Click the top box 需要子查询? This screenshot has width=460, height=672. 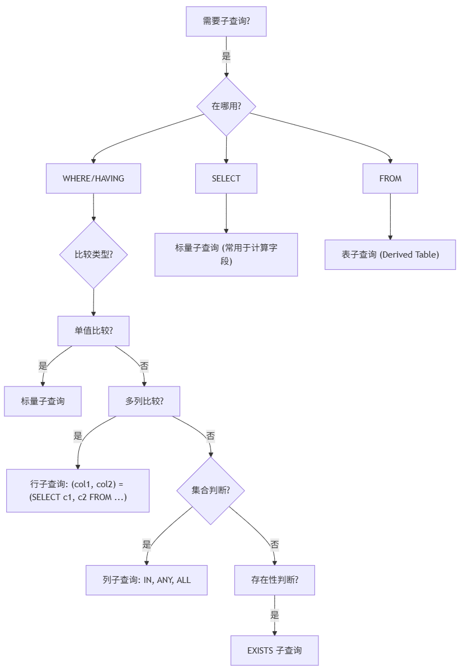pyautogui.click(x=226, y=22)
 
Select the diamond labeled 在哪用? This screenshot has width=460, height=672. pyautogui.click(x=226, y=106)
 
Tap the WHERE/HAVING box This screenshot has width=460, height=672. pyautogui.click(x=93, y=179)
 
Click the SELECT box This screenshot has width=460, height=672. pyautogui.click(x=226, y=179)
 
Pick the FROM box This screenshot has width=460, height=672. pyautogui.click(x=390, y=179)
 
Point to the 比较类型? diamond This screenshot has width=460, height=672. pyautogui.click(x=93, y=255)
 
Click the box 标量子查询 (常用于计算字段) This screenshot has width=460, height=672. pyautogui.click(x=226, y=255)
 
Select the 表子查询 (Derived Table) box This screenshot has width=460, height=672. pyautogui.click(x=390, y=255)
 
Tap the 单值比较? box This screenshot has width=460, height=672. pyautogui.click(x=93, y=330)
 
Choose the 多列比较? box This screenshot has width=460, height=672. pyautogui.click(x=144, y=401)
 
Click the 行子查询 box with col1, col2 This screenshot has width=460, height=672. pyautogui.click(x=78, y=491)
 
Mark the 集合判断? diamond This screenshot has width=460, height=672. pyautogui.click(x=210, y=491)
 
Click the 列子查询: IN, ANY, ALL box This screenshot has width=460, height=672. pyautogui.click(x=147, y=580)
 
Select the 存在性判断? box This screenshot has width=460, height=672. pyautogui.click(x=274, y=580)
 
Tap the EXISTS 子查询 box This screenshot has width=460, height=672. pyautogui.click(x=274, y=650)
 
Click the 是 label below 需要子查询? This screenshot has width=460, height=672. pyautogui.click(x=226, y=56)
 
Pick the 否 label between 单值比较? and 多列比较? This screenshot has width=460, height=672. pyautogui.click(x=144, y=366)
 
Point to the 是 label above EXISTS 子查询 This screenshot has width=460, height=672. pyautogui.click(x=274, y=615)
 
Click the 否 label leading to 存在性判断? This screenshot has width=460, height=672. pyautogui.click(x=274, y=544)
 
